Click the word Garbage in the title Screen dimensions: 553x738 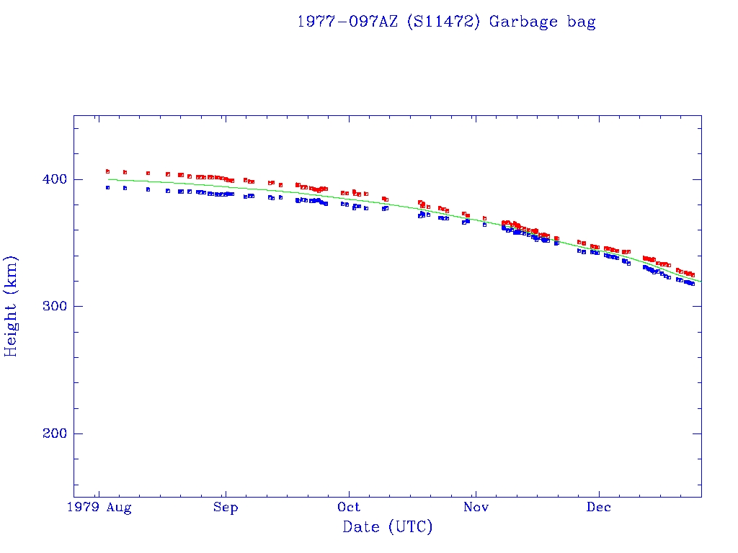(x=515, y=22)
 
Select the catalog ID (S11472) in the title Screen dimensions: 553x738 (x=443, y=22)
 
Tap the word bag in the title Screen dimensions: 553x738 (x=582, y=22)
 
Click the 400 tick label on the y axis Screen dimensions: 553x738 (x=54, y=179)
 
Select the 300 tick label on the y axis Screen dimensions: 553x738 (x=54, y=307)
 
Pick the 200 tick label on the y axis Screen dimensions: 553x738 (x=54, y=433)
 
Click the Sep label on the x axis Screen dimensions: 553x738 (x=226, y=508)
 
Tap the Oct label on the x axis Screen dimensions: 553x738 (x=349, y=508)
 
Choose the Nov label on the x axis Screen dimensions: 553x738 (x=475, y=508)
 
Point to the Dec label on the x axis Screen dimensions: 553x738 (x=599, y=508)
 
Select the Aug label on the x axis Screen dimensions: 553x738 (x=119, y=508)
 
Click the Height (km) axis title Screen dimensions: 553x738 (x=11, y=306)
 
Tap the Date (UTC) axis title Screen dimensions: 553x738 (x=388, y=527)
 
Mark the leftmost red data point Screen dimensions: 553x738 (x=107, y=171)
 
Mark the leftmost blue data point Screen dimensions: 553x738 (x=107, y=187)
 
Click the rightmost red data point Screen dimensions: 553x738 (x=693, y=274)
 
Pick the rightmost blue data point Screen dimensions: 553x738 (x=693, y=284)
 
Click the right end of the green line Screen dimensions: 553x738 (x=701, y=282)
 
